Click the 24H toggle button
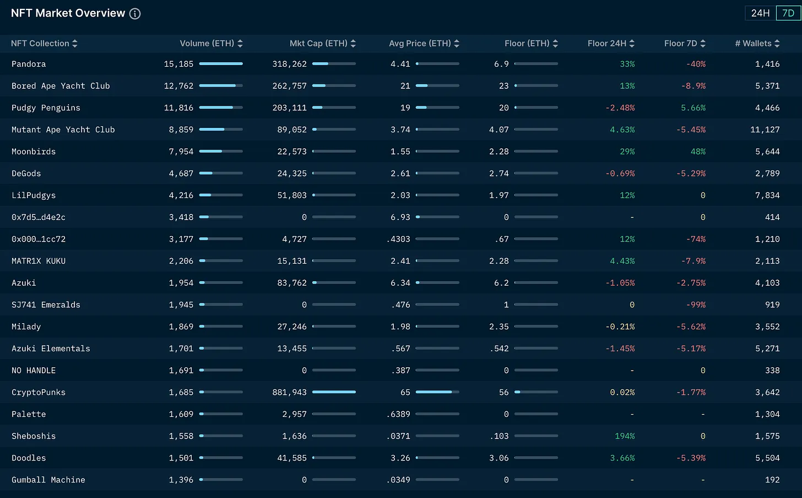[760, 13]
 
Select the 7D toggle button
[788, 13]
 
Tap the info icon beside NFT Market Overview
[135, 14]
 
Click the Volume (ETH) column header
[207, 44]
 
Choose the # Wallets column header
[753, 44]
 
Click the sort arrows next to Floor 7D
[703, 44]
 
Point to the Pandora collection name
[29, 64]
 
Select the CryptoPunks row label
[39, 393]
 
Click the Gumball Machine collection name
[48, 480]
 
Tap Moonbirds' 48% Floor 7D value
[698, 152]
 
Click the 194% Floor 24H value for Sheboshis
[625, 436]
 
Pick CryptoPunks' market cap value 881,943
[289, 393]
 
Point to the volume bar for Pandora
[221, 64]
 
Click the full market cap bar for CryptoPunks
[334, 392]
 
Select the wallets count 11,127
[765, 130]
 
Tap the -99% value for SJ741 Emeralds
[696, 305]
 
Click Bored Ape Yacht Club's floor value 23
[503, 86]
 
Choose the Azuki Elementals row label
[51, 349]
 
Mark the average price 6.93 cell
[400, 217]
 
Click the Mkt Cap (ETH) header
[318, 44]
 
